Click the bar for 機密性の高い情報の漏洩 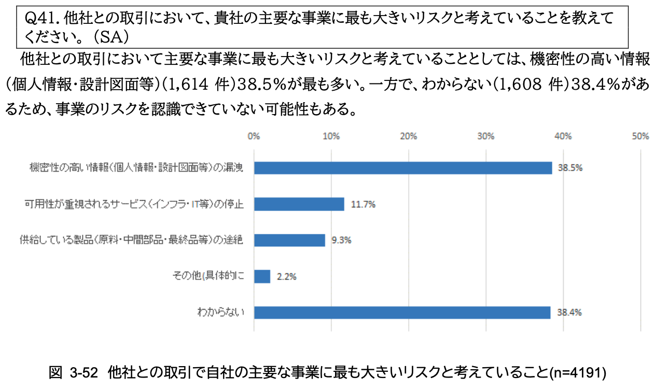pyautogui.click(x=402, y=167)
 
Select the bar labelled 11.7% pyautogui.click(x=299, y=204)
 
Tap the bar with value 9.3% pyautogui.click(x=289, y=240)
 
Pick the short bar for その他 pyautogui.click(x=262, y=276)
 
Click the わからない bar pyautogui.click(x=402, y=312)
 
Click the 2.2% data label pyautogui.click(x=286, y=277)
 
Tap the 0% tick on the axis pyautogui.click(x=254, y=136)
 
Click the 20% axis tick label pyautogui.click(x=409, y=136)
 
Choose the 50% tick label pyautogui.click(x=641, y=136)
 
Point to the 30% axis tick pyautogui.click(x=486, y=136)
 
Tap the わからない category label pyautogui.click(x=220, y=313)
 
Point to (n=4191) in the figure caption pyautogui.click(x=578, y=372)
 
